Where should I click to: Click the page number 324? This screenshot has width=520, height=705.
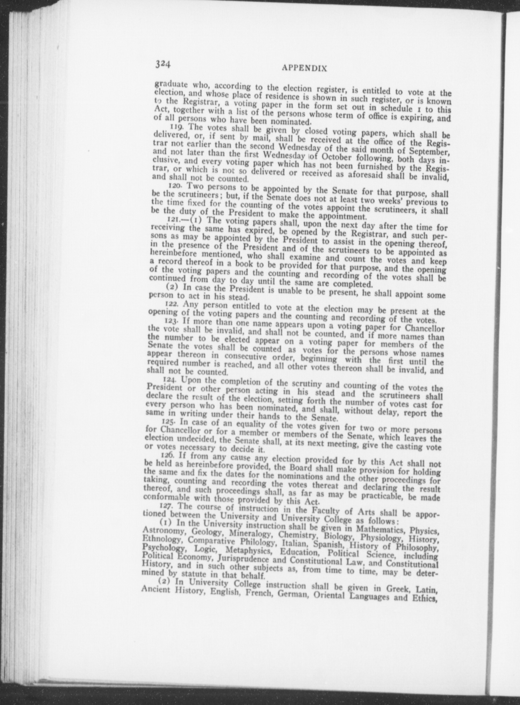163,64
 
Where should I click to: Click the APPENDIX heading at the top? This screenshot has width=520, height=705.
304,68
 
